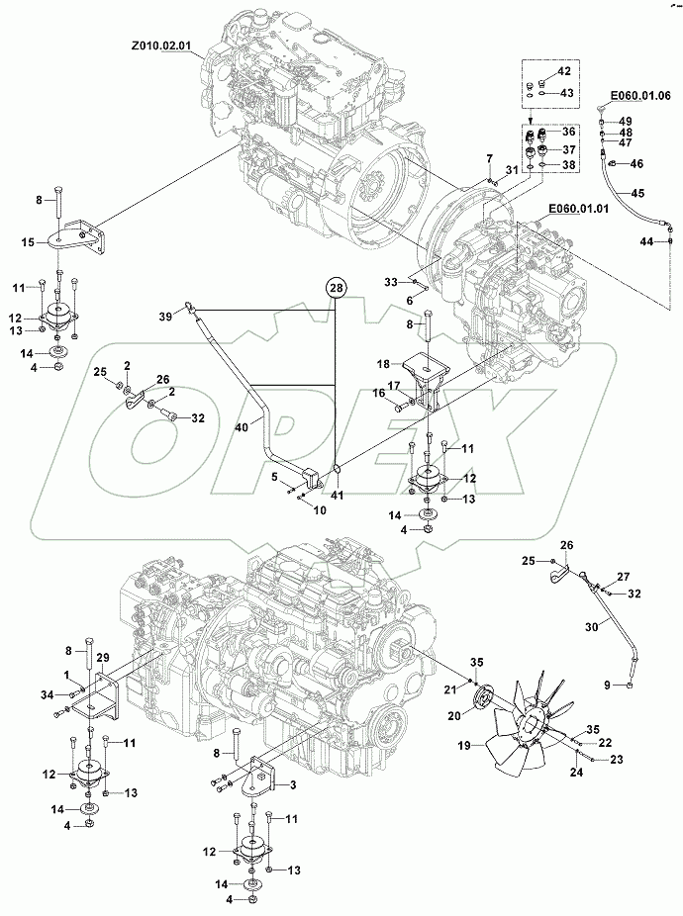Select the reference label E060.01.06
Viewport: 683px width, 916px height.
click(640, 95)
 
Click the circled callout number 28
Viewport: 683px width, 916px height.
click(336, 287)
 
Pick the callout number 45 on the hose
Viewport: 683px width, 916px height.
click(637, 193)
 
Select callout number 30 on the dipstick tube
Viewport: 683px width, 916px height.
click(593, 626)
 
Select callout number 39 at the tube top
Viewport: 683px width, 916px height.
click(166, 314)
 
